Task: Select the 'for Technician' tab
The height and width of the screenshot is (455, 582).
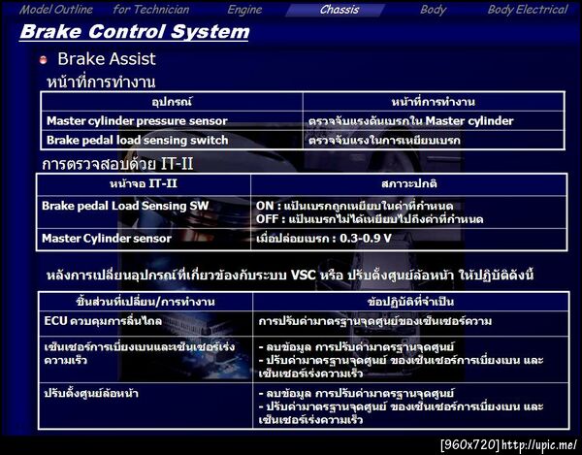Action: [151, 10]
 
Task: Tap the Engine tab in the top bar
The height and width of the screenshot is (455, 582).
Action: [244, 10]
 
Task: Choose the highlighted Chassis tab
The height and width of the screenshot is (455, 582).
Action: [339, 10]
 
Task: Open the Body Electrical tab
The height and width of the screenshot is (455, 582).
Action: [527, 10]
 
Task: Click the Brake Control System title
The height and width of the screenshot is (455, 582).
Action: [135, 32]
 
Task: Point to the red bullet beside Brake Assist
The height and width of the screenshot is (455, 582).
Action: [43, 60]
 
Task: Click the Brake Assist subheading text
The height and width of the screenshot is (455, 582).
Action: [106, 59]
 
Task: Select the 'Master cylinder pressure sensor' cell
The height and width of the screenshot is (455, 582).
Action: [137, 121]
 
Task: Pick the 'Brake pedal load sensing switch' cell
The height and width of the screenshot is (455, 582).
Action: [137, 141]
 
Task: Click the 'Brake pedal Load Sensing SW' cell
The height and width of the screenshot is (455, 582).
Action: [124, 206]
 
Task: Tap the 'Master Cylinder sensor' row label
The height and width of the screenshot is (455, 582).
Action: [107, 238]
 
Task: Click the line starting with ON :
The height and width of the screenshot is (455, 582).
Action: [370, 206]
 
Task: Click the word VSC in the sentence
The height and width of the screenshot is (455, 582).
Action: [304, 275]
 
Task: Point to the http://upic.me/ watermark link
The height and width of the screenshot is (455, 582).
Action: [540, 445]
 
